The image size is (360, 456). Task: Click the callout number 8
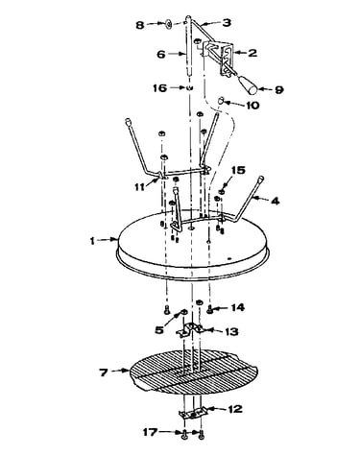140,25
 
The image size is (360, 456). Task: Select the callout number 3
227,22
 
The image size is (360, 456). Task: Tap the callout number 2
252,53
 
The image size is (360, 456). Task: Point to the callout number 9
278,90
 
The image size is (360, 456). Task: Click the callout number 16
159,87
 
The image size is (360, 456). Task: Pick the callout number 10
252,105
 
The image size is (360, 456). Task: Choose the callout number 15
238,170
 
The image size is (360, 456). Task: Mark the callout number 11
139,186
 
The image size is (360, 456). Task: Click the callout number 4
275,201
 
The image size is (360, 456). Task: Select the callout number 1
92,241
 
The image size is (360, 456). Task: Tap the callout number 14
237,307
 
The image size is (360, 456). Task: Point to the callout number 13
231,331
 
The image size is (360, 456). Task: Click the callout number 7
104,372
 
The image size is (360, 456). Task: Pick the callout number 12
235,409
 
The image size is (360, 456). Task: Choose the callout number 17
150,432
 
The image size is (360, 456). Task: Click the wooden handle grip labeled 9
249,84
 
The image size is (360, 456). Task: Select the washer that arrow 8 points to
169,24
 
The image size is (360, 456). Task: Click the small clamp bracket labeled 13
190,329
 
